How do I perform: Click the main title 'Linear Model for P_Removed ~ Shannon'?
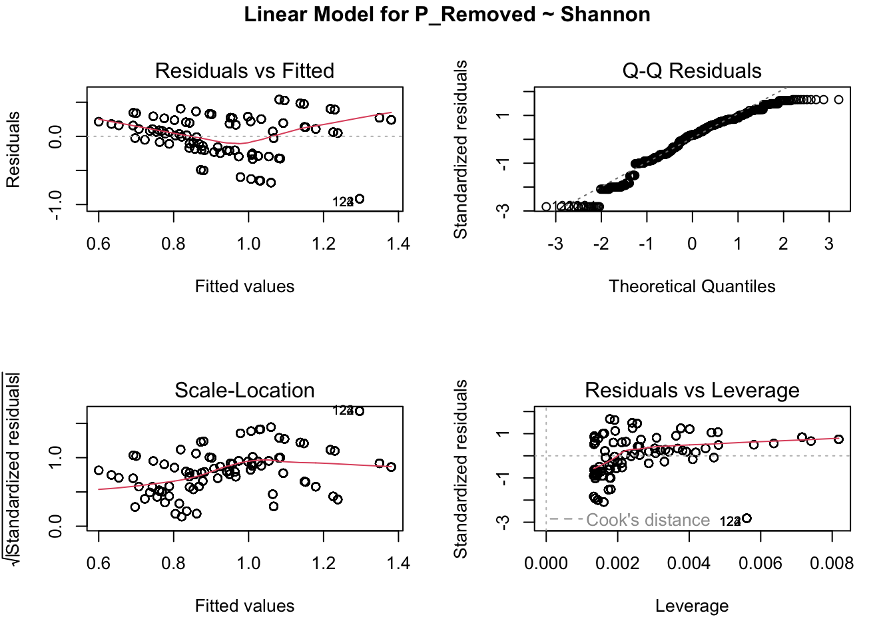(447, 15)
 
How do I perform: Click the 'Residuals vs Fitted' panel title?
(244, 71)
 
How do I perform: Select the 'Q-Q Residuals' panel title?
(691, 71)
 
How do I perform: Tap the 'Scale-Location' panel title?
(244, 390)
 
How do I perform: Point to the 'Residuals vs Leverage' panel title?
(691, 390)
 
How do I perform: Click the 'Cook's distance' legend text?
(647, 520)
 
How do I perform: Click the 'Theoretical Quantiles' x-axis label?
(691, 286)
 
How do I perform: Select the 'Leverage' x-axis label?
(691, 606)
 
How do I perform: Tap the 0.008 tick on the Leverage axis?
(831, 564)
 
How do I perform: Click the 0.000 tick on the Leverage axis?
(546, 564)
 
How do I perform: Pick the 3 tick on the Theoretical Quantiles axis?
(828, 244)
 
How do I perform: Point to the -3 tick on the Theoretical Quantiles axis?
(555, 244)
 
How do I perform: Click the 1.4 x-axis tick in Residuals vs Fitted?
(398, 244)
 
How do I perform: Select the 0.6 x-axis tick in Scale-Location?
(99, 564)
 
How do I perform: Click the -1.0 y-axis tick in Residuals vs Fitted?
(56, 204)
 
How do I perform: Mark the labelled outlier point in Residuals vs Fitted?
(360, 199)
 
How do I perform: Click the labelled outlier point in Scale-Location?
(360, 411)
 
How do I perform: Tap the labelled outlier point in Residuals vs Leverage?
(746, 519)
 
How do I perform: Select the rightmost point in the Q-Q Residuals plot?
(838, 100)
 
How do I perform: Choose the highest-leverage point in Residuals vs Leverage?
(838, 439)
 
